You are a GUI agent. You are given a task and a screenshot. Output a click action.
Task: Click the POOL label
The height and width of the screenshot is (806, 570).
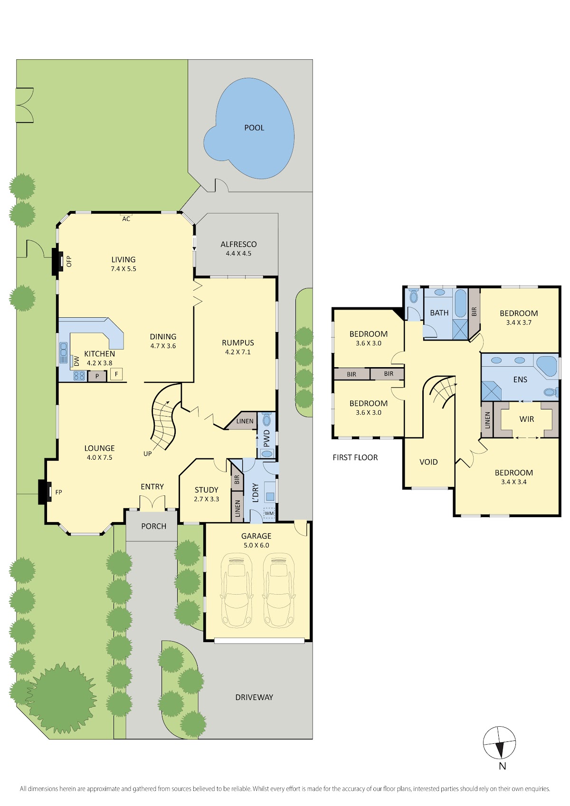(x=254, y=128)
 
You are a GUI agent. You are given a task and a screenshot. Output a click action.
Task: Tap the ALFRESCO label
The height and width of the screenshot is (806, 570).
(x=238, y=244)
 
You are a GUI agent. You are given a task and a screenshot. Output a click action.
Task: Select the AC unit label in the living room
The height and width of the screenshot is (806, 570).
(x=126, y=219)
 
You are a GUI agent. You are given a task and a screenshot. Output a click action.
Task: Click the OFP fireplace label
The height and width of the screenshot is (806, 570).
(x=69, y=261)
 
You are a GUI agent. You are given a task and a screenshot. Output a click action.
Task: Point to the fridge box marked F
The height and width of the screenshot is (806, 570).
(x=116, y=374)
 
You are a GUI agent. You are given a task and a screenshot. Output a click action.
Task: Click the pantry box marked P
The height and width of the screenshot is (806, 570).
(x=97, y=376)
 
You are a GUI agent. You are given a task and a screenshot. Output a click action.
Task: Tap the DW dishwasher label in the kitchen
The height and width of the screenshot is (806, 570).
(x=76, y=361)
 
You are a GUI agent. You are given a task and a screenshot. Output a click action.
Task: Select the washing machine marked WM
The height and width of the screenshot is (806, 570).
(x=269, y=513)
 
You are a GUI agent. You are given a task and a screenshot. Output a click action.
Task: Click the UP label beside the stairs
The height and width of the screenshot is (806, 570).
(x=148, y=454)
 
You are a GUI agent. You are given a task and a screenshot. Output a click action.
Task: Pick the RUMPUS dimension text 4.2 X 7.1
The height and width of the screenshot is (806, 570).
(x=238, y=352)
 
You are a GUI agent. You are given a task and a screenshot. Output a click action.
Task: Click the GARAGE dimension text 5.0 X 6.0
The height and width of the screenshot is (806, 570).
(x=256, y=545)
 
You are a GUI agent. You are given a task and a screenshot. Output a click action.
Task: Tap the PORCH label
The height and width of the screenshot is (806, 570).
(x=153, y=526)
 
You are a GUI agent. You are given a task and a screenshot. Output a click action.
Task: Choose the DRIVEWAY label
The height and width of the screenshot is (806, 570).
(x=254, y=697)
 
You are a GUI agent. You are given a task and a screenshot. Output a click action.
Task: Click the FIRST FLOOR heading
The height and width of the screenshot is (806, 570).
(x=355, y=457)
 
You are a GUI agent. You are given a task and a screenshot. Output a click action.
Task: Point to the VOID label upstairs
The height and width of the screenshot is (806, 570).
(x=428, y=462)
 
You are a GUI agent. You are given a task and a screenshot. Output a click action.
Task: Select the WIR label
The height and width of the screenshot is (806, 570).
(x=526, y=419)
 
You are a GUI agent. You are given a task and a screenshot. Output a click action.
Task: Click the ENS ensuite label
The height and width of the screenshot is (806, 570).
(x=520, y=379)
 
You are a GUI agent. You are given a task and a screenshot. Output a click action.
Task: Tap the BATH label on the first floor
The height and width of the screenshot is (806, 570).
(x=439, y=313)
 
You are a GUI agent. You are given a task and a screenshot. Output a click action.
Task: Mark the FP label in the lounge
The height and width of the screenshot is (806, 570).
(x=58, y=492)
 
